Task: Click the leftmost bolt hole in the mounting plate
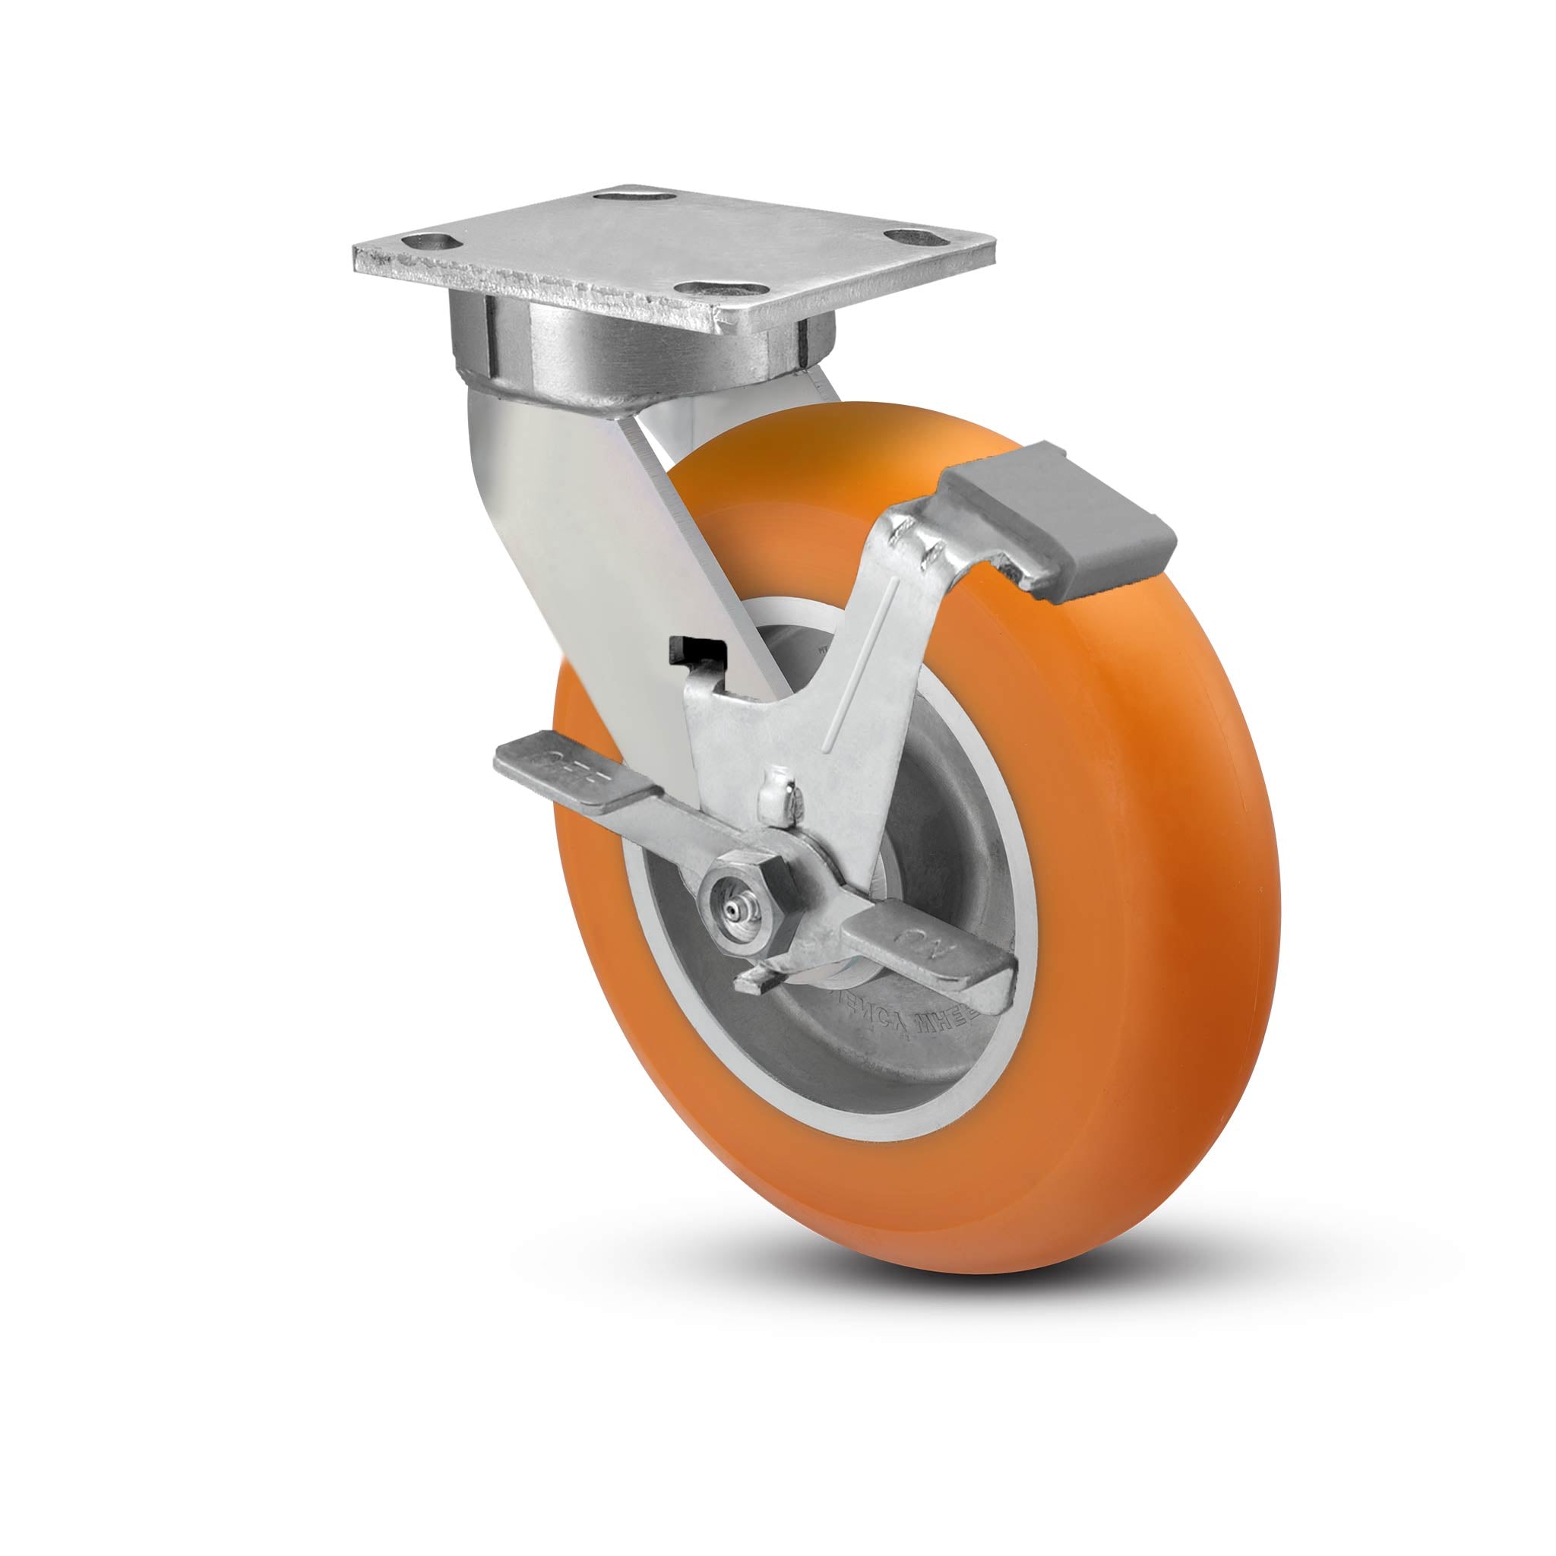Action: pyautogui.click(x=427, y=241)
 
